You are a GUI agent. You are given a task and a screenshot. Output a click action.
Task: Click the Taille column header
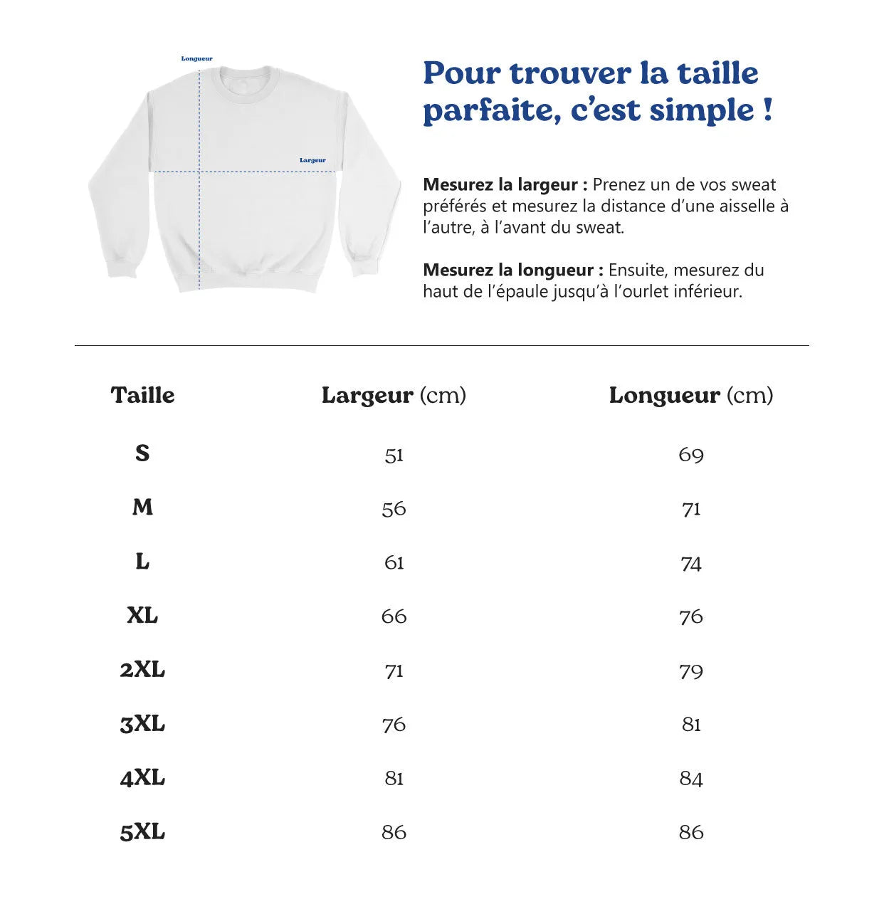coord(142,395)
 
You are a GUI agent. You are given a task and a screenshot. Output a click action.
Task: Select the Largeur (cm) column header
coord(394,395)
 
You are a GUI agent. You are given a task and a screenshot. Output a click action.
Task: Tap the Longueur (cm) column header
coord(690,395)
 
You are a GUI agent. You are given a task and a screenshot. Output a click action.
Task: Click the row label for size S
coord(142,453)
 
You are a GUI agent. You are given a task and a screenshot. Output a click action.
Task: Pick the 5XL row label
coord(142,831)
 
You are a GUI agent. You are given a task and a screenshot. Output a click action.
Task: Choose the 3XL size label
coord(142,724)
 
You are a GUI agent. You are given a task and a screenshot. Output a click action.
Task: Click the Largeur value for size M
coord(394,509)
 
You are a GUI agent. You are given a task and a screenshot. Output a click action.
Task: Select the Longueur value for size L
coord(690,563)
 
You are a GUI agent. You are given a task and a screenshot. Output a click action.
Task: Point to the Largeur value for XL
coord(394,616)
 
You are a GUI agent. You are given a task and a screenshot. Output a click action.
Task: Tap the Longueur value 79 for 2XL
coord(690,671)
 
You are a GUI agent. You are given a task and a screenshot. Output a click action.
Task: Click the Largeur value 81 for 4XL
coord(394,778)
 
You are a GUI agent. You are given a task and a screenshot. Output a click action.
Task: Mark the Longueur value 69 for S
coord(690,455)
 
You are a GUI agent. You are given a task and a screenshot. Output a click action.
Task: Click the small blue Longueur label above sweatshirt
coord(196,59)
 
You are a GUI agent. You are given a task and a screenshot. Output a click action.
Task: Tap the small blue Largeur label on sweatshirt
coord(312,160)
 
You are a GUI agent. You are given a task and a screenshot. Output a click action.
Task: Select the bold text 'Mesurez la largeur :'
coord(505,185)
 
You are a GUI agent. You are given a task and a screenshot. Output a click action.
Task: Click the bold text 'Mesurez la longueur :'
coord(512,270)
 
